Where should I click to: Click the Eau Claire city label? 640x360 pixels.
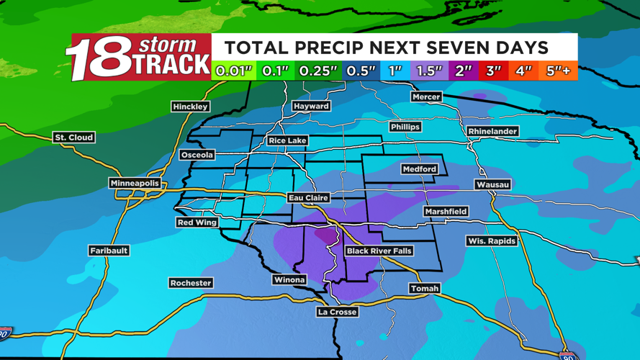tap(308, 197)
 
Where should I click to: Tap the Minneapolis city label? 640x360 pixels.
tap(135, 184)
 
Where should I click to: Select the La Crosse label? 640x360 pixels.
tap(337, 312)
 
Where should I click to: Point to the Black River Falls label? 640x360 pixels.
tap(379, 251)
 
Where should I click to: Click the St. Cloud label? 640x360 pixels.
tap(74, 137)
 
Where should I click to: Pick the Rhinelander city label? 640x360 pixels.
tap(492, 131)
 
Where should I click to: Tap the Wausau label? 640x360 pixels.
tap(492, 184)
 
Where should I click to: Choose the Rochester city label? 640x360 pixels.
tap(191, 283)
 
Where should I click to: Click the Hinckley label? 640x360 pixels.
tap(190, 107)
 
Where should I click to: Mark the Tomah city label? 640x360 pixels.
tap(424, 288)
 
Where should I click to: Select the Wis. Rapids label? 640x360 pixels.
tap(491, 240)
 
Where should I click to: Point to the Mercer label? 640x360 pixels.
tap(426, 96)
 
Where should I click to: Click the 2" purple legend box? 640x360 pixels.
tap(463, 71)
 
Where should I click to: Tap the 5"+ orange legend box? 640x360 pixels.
tap(558, 71)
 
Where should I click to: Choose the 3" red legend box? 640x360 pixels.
tap(493, 71)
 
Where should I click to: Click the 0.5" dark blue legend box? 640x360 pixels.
tap(361, 71)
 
